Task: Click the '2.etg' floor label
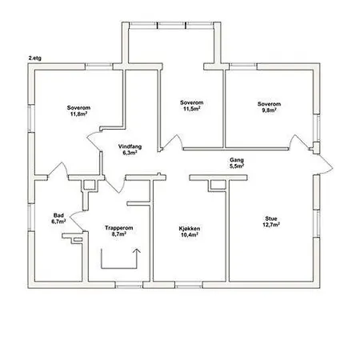35,58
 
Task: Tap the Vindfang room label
130,146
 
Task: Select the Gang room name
237,160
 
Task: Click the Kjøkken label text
190,229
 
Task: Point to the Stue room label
271,218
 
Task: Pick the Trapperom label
119,228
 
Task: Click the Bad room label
58,215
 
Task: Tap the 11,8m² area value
79,114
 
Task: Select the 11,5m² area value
192,109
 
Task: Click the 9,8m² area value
269,110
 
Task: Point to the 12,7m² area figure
271,225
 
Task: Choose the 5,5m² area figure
237,166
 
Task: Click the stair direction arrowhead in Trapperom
137,250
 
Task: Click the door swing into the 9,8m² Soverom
298,142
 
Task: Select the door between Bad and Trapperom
77,220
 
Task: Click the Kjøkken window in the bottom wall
189,285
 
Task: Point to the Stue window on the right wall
317,223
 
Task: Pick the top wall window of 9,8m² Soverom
243,66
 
